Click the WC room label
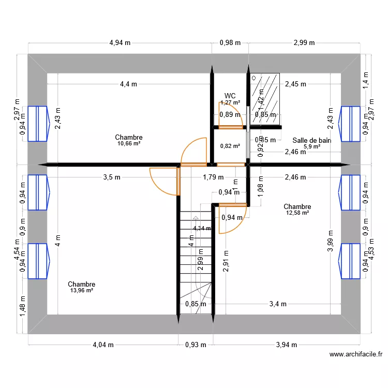[x=230, y=96]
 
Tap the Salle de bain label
[x=311, y=140]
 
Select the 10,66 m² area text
[x=129, y=144]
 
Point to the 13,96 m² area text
[x=81, y=291]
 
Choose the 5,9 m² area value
[x=311, y=146]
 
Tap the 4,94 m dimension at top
[x=120, y=43]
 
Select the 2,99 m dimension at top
[x=304, y=43]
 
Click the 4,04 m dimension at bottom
[x=103, y=345]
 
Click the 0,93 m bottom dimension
[x=196, y=345]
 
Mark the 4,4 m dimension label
[x=129, y=84]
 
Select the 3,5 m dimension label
[x=111, y=177]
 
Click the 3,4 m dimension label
[x=277, y=304]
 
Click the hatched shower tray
[x=264, y=98]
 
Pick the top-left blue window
[x=38, y=124]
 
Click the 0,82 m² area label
[x=230, y=146]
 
